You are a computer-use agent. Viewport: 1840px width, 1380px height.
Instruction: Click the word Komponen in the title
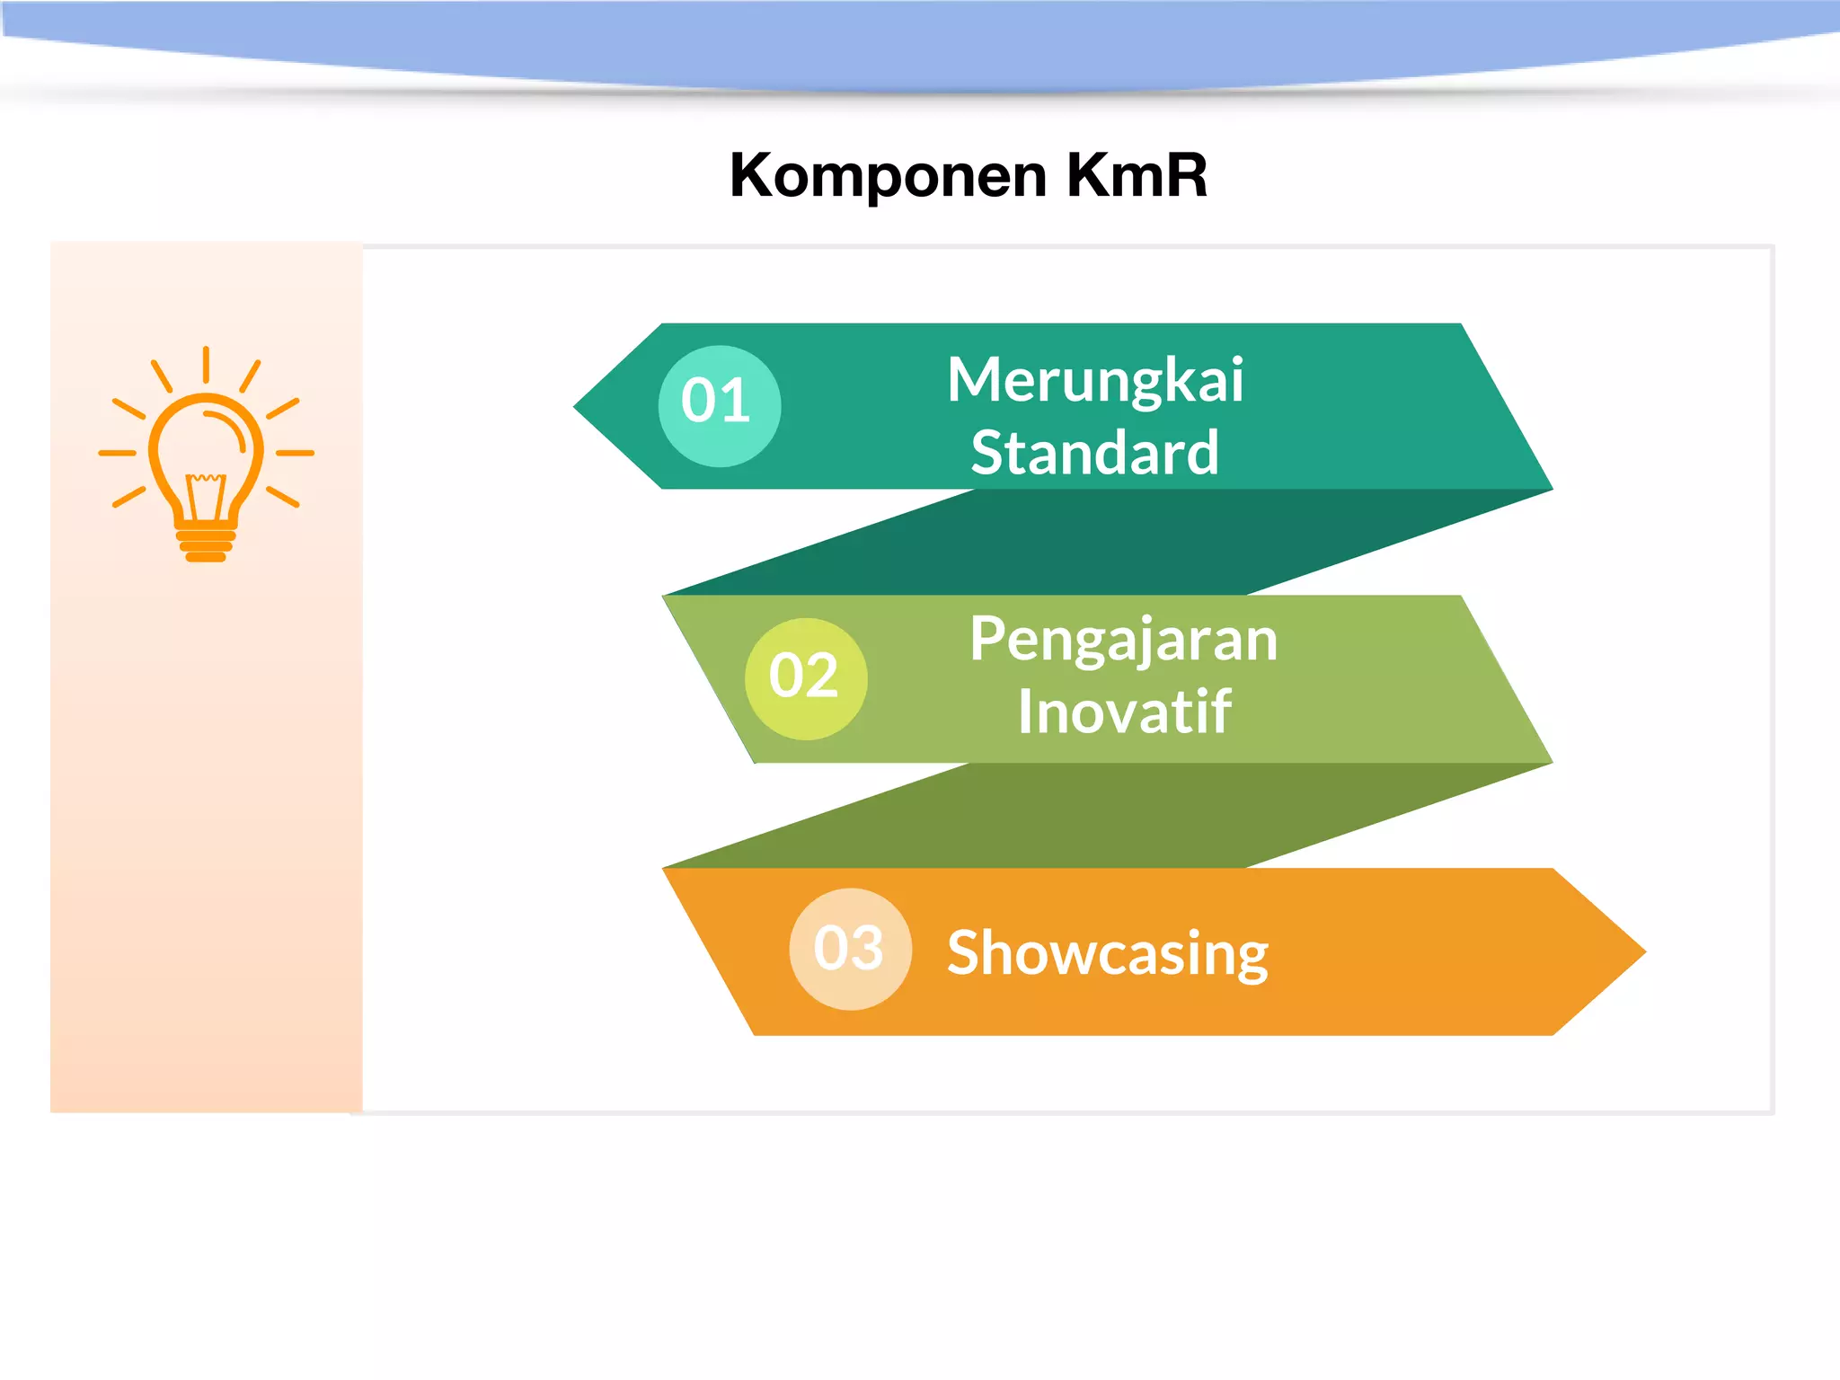(x=888, y=176)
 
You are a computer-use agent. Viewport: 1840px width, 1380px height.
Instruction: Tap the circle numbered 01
(x=719, y=405)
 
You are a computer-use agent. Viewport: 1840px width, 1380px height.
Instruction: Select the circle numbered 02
(x=805, y=678)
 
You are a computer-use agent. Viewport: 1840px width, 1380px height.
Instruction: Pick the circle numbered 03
(x=850, y=950)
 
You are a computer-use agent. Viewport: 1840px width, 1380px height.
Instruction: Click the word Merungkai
(x=1094, y=381)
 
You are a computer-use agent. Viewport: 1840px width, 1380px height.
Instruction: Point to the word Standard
(x=1094, y=454)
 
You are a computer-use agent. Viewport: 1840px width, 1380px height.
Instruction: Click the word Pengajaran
(x=1122, y=641)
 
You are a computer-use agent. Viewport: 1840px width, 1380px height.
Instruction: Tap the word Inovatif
(x=1123, y=713)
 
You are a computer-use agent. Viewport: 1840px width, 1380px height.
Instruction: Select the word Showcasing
(x=1107, y=953)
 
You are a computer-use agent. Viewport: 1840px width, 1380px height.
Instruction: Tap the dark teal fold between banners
(x=1105, y=543)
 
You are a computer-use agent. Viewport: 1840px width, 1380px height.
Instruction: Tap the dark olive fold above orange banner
(x=1105, y=816)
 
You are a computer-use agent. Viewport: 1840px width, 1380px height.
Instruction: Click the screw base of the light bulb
(x=206, y=545)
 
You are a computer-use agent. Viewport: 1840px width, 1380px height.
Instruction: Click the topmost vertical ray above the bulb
(x=206, y=364)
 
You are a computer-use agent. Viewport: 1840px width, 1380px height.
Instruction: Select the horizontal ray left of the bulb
(x=117, y=453)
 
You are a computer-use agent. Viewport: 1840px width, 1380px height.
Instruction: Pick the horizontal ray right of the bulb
(x=295, y=453)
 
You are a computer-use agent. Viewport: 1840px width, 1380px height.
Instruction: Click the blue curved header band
(x=920, y=40)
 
